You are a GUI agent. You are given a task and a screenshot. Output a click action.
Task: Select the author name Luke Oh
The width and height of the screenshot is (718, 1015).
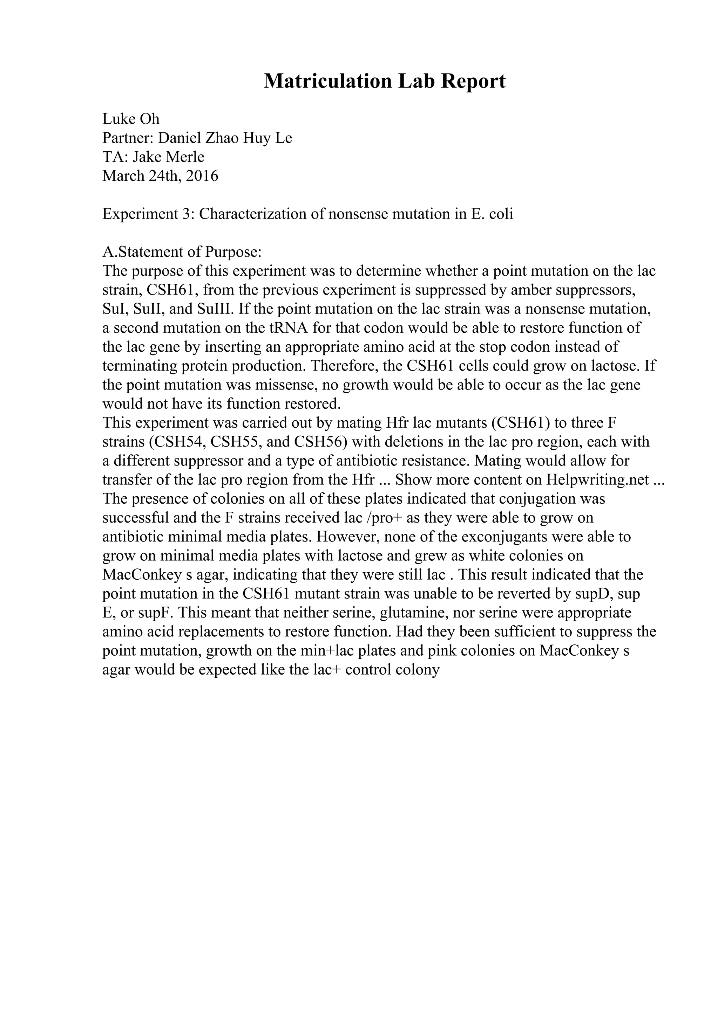(131, 119)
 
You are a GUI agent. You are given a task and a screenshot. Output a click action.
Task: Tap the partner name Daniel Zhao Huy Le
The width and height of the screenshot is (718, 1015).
(225, 138)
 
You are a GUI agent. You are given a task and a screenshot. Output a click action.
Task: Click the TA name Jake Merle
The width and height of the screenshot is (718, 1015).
(168, 157)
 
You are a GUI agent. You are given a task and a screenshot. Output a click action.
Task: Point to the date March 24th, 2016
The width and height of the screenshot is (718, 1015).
(160, 176)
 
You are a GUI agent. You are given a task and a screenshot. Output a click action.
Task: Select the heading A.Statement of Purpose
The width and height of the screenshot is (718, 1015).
(182, 252)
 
